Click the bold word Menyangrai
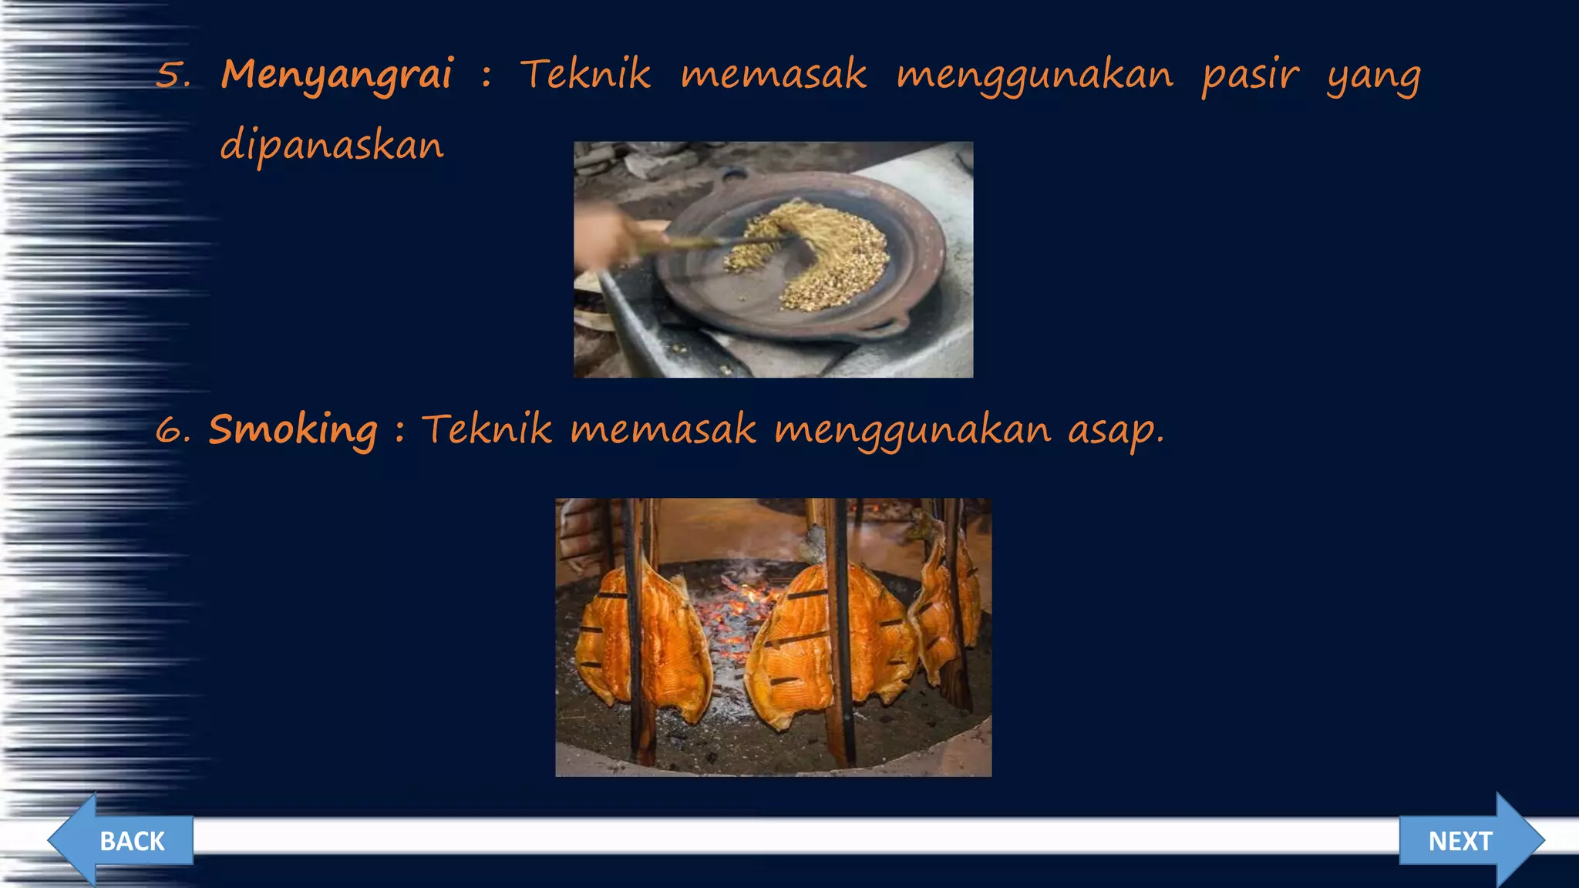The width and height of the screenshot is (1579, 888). click(x=337, y=76)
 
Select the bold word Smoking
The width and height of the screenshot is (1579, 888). click(x=293, y=430)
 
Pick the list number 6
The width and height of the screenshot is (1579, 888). click(x=172, y=430)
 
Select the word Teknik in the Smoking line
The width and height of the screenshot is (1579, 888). click(x=486, y=429)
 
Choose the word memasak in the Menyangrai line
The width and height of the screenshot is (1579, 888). click(x=773, y=76)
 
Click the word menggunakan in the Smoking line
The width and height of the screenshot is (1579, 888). click(x=912, y=430)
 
